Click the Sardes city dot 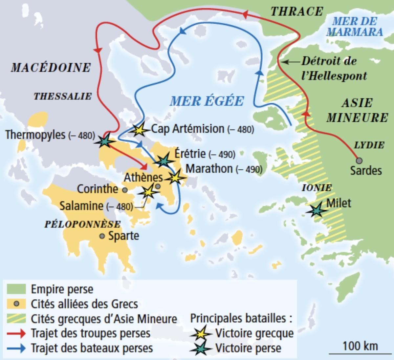360,160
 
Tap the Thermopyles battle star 104,141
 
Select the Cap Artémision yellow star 140,130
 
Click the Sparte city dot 102,236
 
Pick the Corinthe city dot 124,190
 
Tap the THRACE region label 297,11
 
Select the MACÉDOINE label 51,68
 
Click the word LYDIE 369,145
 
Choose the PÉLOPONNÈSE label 82,224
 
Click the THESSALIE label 62,96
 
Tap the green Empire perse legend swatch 16,289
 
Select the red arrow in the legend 16,333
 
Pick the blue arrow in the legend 16,348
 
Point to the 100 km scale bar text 360,346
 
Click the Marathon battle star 175,177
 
